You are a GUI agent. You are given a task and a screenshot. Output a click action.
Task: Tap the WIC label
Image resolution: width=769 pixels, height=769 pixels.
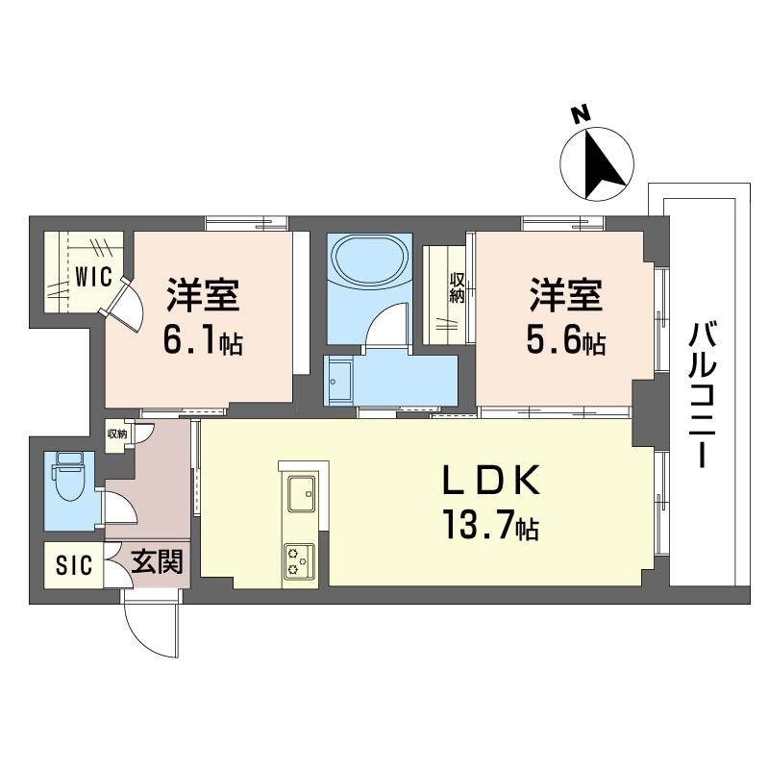(x=93, y=278)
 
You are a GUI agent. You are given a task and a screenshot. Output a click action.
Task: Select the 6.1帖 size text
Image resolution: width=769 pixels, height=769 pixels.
(x=202, y=342)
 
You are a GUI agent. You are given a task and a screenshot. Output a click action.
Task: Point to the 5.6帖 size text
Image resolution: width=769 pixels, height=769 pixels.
(x=565, y=342)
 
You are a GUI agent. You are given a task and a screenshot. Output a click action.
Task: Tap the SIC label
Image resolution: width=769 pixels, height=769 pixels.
(x=73, y=565)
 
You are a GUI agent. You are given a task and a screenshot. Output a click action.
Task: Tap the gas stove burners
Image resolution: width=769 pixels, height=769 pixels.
(x=297, y=561)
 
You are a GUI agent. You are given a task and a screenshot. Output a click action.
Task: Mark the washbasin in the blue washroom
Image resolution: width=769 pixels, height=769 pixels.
(x=339, y=380)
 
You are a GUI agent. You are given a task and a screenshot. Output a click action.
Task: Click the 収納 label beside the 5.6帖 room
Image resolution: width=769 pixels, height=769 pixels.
(x=459, y=289)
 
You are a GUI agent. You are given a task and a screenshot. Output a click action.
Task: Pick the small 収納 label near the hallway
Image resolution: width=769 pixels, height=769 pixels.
(x=116, y=434)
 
